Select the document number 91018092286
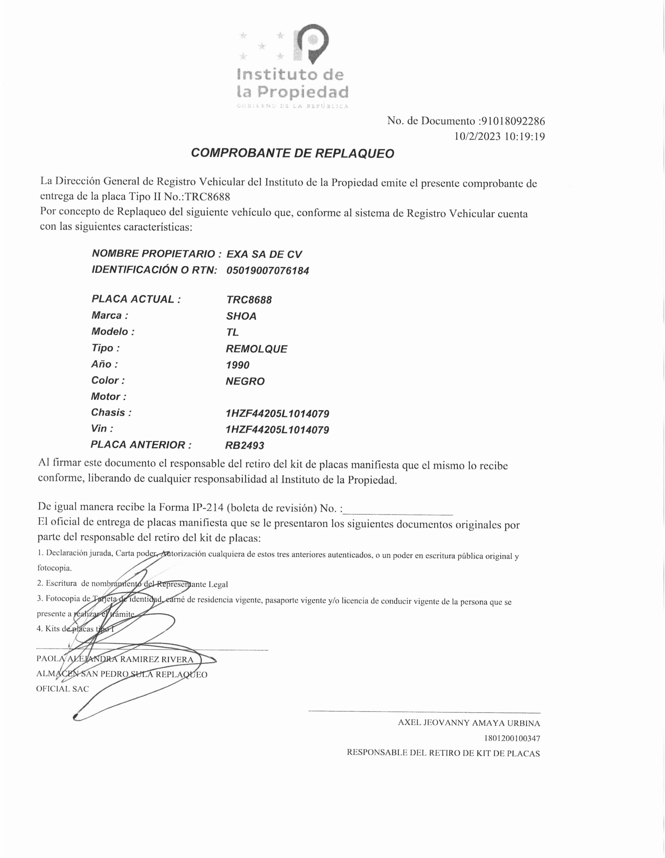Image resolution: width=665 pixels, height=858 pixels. point(513,121)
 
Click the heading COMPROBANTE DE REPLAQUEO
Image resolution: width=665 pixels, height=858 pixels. point(292,153)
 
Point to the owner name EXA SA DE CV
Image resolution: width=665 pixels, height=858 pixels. point(264,254)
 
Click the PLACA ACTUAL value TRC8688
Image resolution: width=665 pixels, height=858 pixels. point(249,300)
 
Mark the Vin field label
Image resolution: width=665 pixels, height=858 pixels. point(102,428)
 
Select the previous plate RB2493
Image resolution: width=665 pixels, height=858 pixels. point(244,446)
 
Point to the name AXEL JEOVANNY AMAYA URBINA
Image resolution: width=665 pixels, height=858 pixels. point(469,723)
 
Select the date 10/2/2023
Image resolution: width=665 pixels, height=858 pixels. point(477,137)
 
